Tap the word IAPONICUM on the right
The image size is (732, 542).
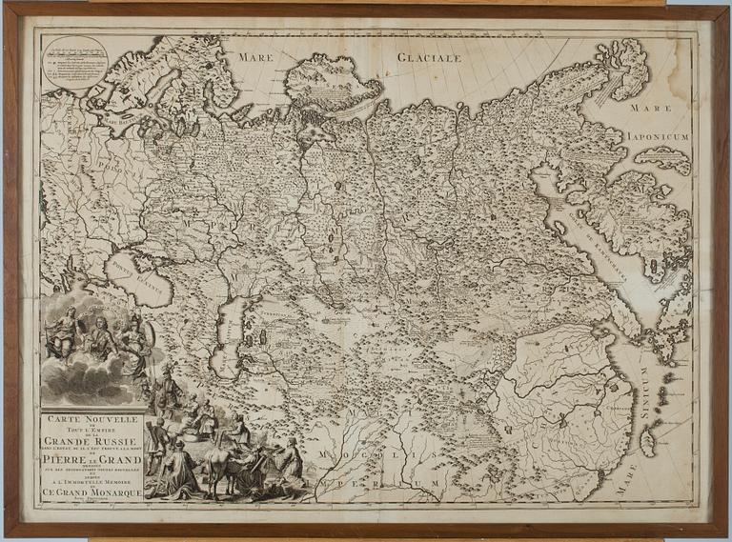tap(658, 136)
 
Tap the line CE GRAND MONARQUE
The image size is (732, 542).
tap(92, 492)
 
